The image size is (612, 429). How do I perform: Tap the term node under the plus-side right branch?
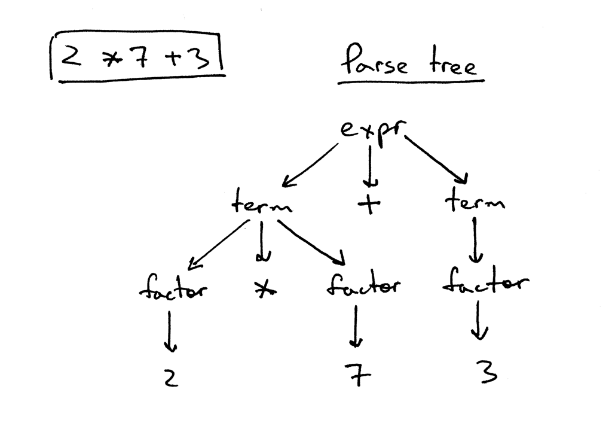pyautogui.click(x=475, y=203)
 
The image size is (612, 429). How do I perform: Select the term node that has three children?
pyautogui.click(x=262, y=205)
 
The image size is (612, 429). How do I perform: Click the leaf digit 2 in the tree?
pyautogui.click(x=170, y=378)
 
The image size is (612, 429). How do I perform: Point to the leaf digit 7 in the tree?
pyautogui.click(x=357, y=376)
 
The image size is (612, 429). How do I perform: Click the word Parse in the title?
pyautogui.click(x=375, y=61)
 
